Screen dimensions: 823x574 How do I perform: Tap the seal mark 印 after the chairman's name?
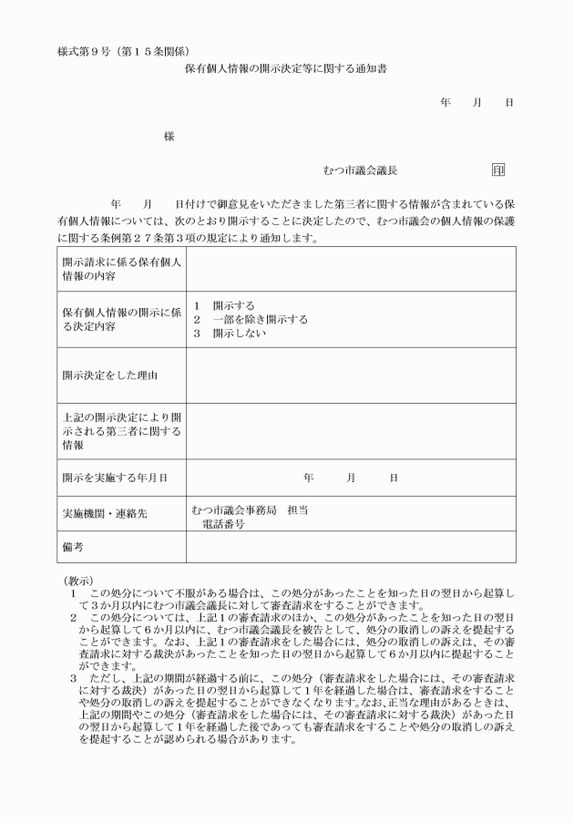(497, 170)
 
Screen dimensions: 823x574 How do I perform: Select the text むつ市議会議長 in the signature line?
(360, 170)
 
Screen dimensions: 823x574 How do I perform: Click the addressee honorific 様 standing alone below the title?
(169, 136)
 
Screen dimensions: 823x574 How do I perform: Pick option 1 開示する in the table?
(225, 305)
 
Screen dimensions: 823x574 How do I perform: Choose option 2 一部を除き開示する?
(251, 320)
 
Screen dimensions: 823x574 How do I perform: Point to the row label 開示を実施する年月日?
(115, 477)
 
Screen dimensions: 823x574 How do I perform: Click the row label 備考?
(74, 547)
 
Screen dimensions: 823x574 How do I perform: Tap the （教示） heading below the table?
(80, 580)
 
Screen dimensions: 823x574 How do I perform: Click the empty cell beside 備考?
(350, 547)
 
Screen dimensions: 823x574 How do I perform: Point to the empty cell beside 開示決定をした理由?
(350, 375)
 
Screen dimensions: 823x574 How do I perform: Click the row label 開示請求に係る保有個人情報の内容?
(121, 269)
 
